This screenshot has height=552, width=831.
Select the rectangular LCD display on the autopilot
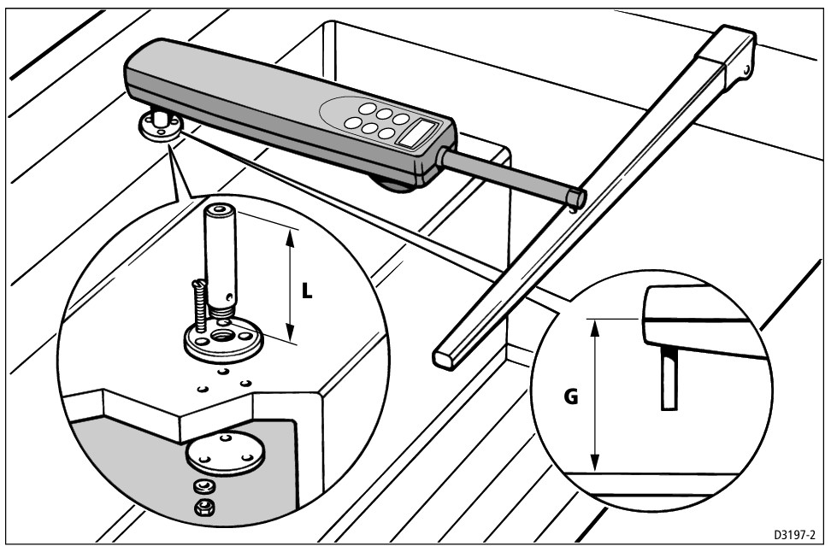[x=421, y=132]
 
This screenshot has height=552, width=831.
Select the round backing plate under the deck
[x=222, y=454]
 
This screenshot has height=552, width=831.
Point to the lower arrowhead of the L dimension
[x=292, y=336]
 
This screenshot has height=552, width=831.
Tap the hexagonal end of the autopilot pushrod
[x=575, y=198]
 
